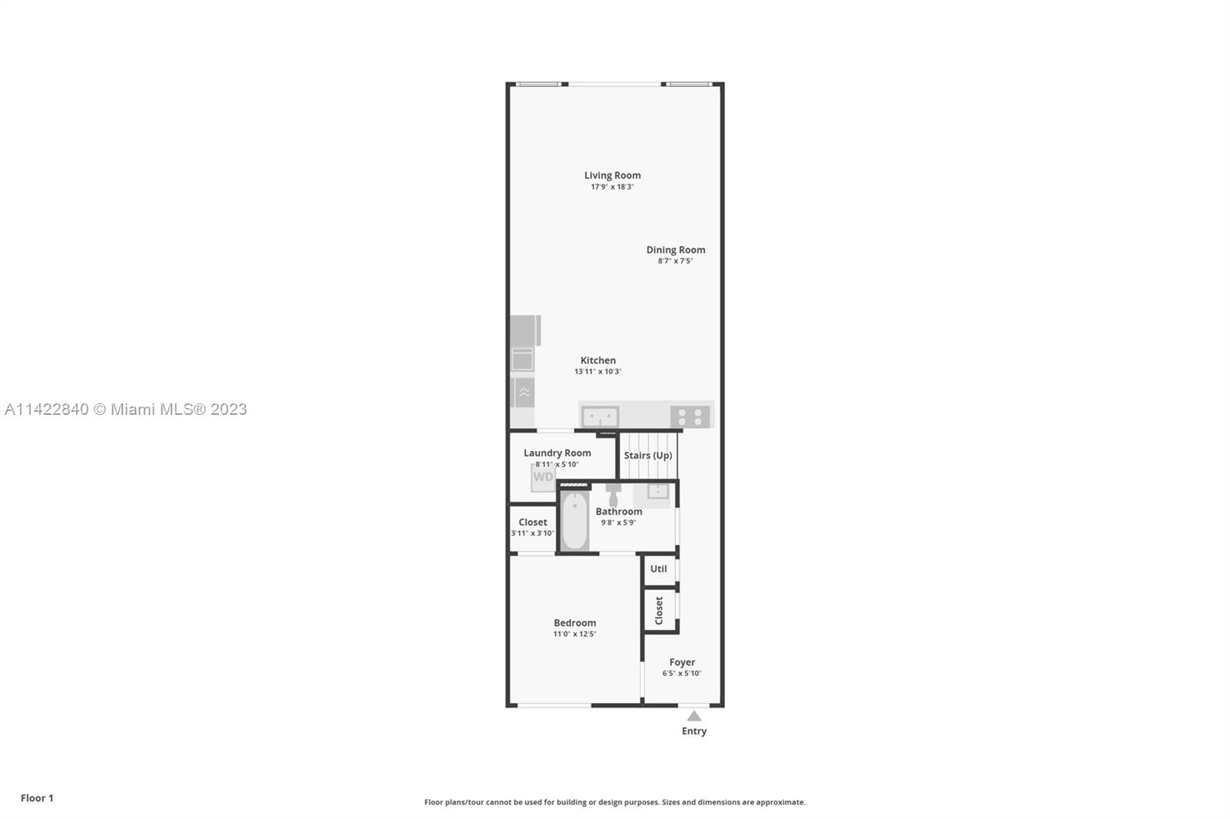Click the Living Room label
(612, 175)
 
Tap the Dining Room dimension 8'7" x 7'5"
(676, 260)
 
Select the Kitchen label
(598, 360)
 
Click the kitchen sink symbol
(600, 416)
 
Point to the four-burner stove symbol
(690, 417)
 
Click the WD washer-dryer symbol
(543, 477)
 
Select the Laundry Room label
(557, 453)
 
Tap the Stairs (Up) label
(648, 455)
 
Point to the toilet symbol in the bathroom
(613, 495)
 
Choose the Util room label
(658, 569)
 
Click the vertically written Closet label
(659, 610)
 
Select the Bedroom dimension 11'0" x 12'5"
(574, 634)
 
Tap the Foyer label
(682, 662)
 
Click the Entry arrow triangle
(694, 716)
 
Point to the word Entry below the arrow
(694, 731)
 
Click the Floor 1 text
(38, 798)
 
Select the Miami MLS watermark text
(126, 409)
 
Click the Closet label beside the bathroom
(533, 522)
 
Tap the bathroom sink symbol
(658, 491)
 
